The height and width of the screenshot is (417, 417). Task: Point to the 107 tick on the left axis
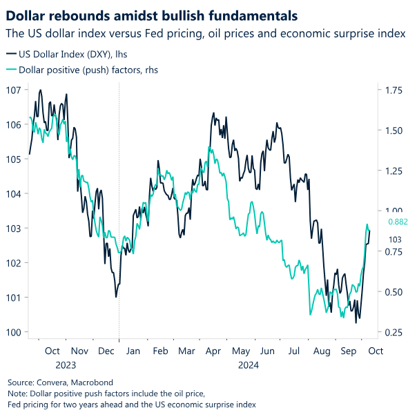tap(14, 90)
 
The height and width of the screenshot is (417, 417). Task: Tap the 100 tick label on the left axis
tap(14, 332)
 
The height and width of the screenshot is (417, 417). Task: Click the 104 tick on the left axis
tap(14, 193)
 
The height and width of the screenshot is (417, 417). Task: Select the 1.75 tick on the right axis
tap(394, 90)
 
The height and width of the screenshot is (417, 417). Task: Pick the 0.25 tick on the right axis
tap(394, 332)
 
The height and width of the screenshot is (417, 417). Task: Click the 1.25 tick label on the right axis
tap(394, 171)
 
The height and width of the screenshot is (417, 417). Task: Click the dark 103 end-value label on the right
tap(396, 239)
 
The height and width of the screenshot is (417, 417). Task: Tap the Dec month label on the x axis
tap(106, 351)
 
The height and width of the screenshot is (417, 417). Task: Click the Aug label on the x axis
tap(321, 351)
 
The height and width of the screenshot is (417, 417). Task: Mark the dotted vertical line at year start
tap(119, 207)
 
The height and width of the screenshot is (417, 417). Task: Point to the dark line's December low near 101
tap(116, 297)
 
